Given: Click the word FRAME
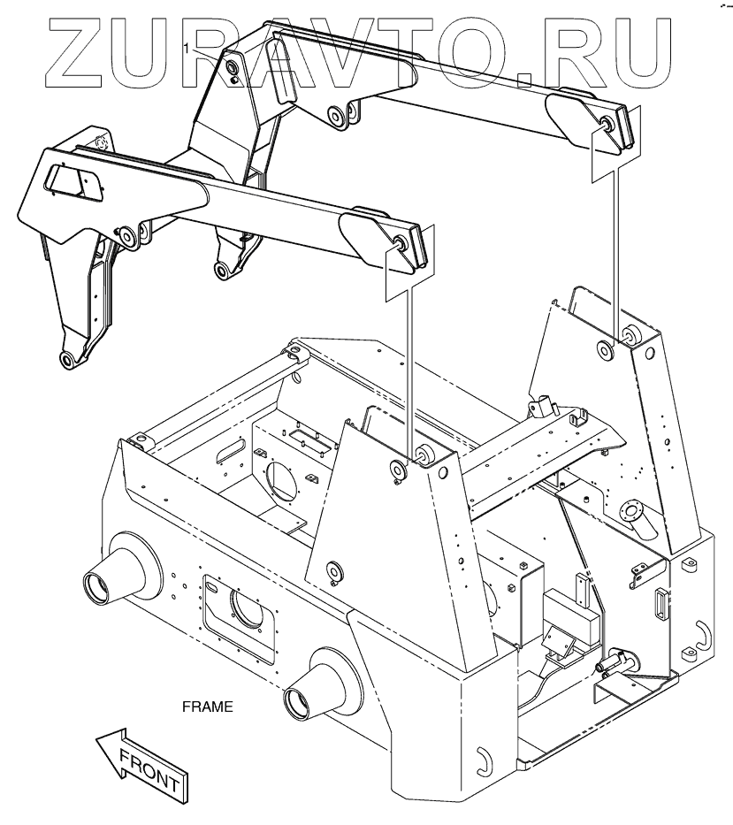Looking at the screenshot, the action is tap(207, 707).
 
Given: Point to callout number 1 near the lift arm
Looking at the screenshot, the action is tap(187, 47).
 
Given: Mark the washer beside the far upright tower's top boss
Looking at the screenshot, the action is tap(606, 348).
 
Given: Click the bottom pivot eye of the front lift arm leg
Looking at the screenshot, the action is tap(66, 359).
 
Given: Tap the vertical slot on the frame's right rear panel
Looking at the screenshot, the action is tap(659, 605).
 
